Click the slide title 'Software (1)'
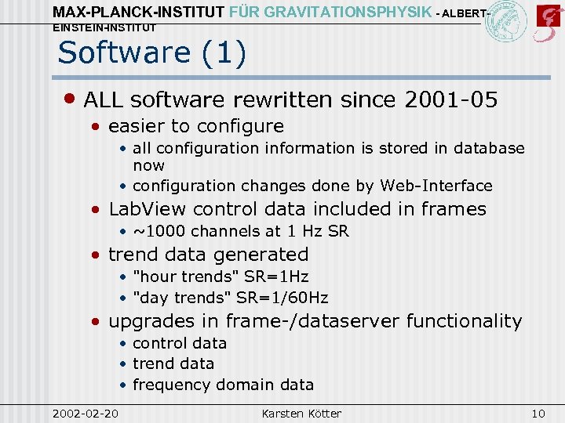[x=152, y=52]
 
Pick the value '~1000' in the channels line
[x=159, y=231]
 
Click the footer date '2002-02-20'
[x=85, y=413]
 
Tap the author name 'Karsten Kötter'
[x=301, y=413]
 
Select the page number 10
[x=538, y=413]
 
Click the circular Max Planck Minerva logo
[x=506, y=21]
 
